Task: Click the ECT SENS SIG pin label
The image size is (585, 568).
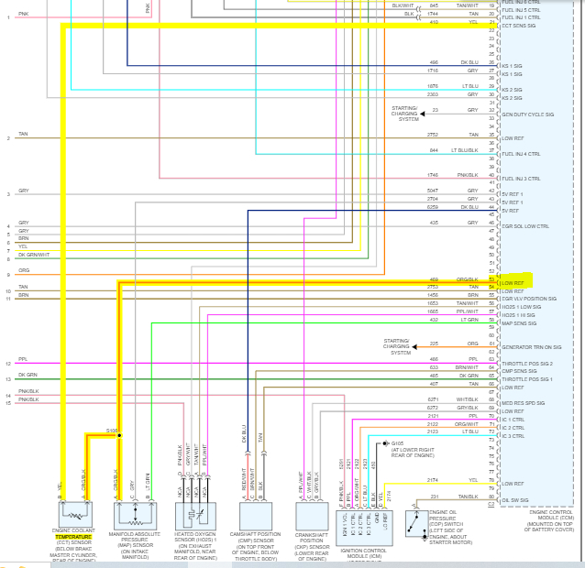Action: [x=520, y=26]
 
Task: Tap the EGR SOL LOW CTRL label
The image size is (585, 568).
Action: [x=524, y=225]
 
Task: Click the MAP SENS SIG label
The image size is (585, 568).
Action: [x=520, y=322]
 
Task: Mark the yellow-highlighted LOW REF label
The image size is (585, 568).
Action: [x=513, y=282]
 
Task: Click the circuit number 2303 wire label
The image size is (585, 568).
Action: [x=433, y=94]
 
